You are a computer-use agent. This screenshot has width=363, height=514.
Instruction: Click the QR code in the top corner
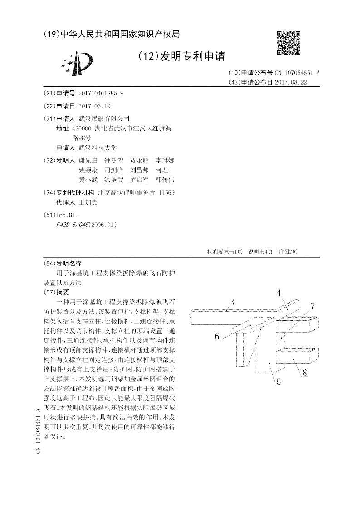click(288, 43)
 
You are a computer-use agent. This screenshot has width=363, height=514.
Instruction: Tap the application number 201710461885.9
click(101, 93)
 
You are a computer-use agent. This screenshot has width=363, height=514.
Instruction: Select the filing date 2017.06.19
click(94, 106)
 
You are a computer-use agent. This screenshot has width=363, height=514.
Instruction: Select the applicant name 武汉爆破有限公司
click(104, 119)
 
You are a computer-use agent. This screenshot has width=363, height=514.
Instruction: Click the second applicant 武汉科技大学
click(98, 148)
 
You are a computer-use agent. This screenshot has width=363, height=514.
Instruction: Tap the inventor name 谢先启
click(88, 160)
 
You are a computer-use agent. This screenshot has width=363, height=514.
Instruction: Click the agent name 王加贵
click(88, 202)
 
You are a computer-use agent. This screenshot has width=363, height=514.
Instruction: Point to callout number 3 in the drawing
click(231, 303)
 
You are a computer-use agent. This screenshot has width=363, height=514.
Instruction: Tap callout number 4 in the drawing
click(279, 294)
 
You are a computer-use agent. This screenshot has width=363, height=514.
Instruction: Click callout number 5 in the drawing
click(279, 381)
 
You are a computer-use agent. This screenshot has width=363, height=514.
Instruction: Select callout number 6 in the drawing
click(217, 336)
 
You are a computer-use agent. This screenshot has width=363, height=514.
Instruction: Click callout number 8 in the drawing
click(304, 373)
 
